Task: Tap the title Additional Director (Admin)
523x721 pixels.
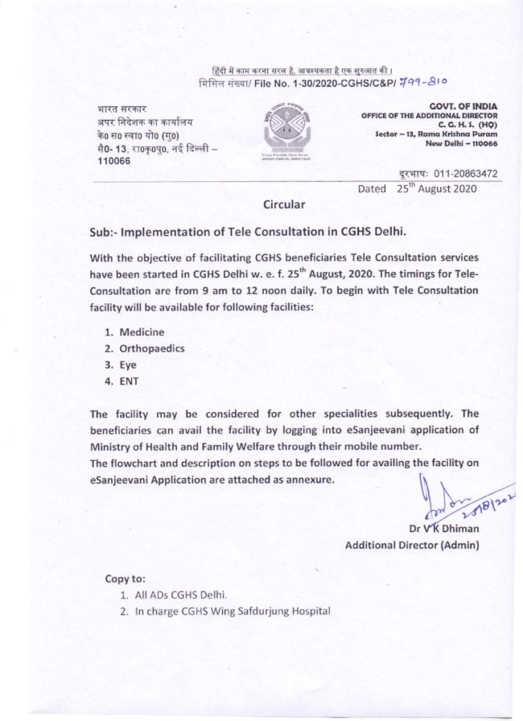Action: (412, 546)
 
